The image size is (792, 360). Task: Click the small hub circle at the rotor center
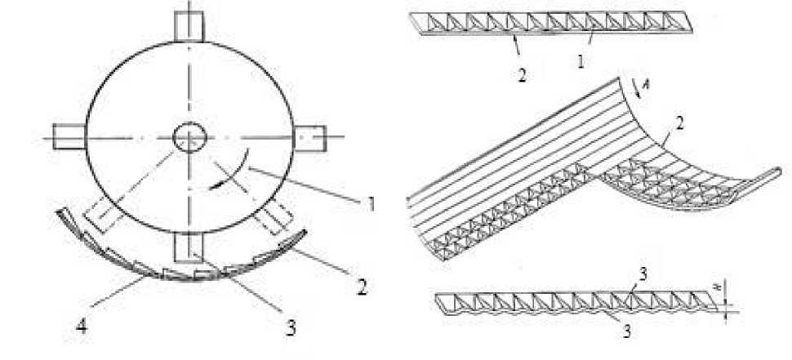[189, 136]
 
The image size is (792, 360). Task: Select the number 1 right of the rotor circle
[372, 204]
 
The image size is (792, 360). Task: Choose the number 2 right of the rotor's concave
[363, 287]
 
